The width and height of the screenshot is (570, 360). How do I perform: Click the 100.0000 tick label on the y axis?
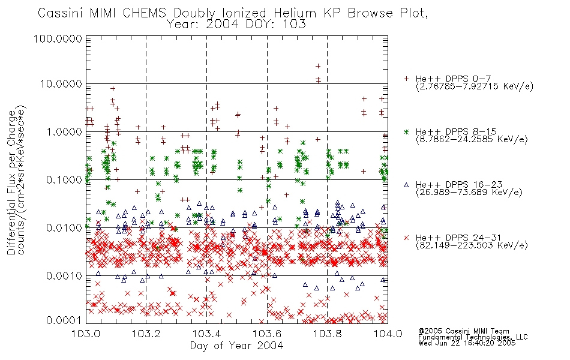(58, 38)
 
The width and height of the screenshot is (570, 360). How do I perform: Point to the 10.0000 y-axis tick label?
(61, 84)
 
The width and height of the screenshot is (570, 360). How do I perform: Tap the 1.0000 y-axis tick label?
(64, 131)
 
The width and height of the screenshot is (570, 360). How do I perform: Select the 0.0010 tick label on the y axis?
(64, 275)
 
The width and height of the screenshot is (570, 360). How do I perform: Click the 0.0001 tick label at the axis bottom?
(64, 320)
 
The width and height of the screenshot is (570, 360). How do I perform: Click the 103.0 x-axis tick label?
(86, 334)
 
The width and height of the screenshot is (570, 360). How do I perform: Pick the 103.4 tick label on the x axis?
(206, 334)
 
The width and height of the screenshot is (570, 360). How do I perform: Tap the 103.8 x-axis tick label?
(327, 334)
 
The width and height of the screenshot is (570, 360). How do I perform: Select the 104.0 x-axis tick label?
(388, 334)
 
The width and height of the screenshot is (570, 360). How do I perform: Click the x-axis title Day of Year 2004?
(236, 346)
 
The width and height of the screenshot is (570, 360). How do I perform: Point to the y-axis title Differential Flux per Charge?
(11, 182)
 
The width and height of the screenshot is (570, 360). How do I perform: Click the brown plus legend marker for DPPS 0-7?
(406, 79)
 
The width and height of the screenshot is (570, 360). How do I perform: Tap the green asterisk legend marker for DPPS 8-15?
(406, 131)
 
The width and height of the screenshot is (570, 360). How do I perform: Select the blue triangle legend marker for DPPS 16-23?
(406, 185)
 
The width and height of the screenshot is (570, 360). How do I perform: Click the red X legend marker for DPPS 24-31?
(406, 238)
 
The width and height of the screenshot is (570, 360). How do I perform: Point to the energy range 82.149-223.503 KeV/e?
(472, 245)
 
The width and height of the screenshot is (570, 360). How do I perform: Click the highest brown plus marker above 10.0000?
(318, 66)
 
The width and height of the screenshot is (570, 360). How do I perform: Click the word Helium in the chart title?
(295, 13)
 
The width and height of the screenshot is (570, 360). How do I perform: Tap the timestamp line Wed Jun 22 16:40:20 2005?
(467, 343)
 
